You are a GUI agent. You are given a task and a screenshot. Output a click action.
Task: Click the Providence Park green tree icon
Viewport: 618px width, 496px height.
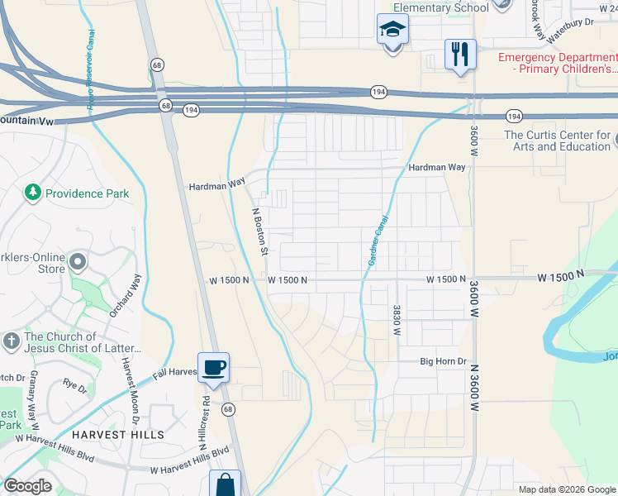tap(33, 193)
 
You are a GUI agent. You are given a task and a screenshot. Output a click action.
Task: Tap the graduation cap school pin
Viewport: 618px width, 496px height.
tap(392, 31)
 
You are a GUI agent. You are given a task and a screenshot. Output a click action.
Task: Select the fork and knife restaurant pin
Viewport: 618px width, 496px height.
tap(460, 55)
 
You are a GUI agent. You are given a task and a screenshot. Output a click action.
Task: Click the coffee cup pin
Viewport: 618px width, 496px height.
tap(213, 367)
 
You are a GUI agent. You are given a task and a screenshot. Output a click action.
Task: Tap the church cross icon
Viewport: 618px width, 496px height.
tap(11, 340)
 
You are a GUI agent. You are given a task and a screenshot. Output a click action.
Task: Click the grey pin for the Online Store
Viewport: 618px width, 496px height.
tap(78, 262)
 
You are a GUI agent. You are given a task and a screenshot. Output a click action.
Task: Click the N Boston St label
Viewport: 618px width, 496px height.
tap(259, 231)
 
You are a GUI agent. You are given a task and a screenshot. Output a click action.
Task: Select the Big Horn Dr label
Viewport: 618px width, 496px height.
tap(444, 362)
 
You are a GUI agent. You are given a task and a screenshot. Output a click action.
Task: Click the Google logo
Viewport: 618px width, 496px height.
tap(28, 486)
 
